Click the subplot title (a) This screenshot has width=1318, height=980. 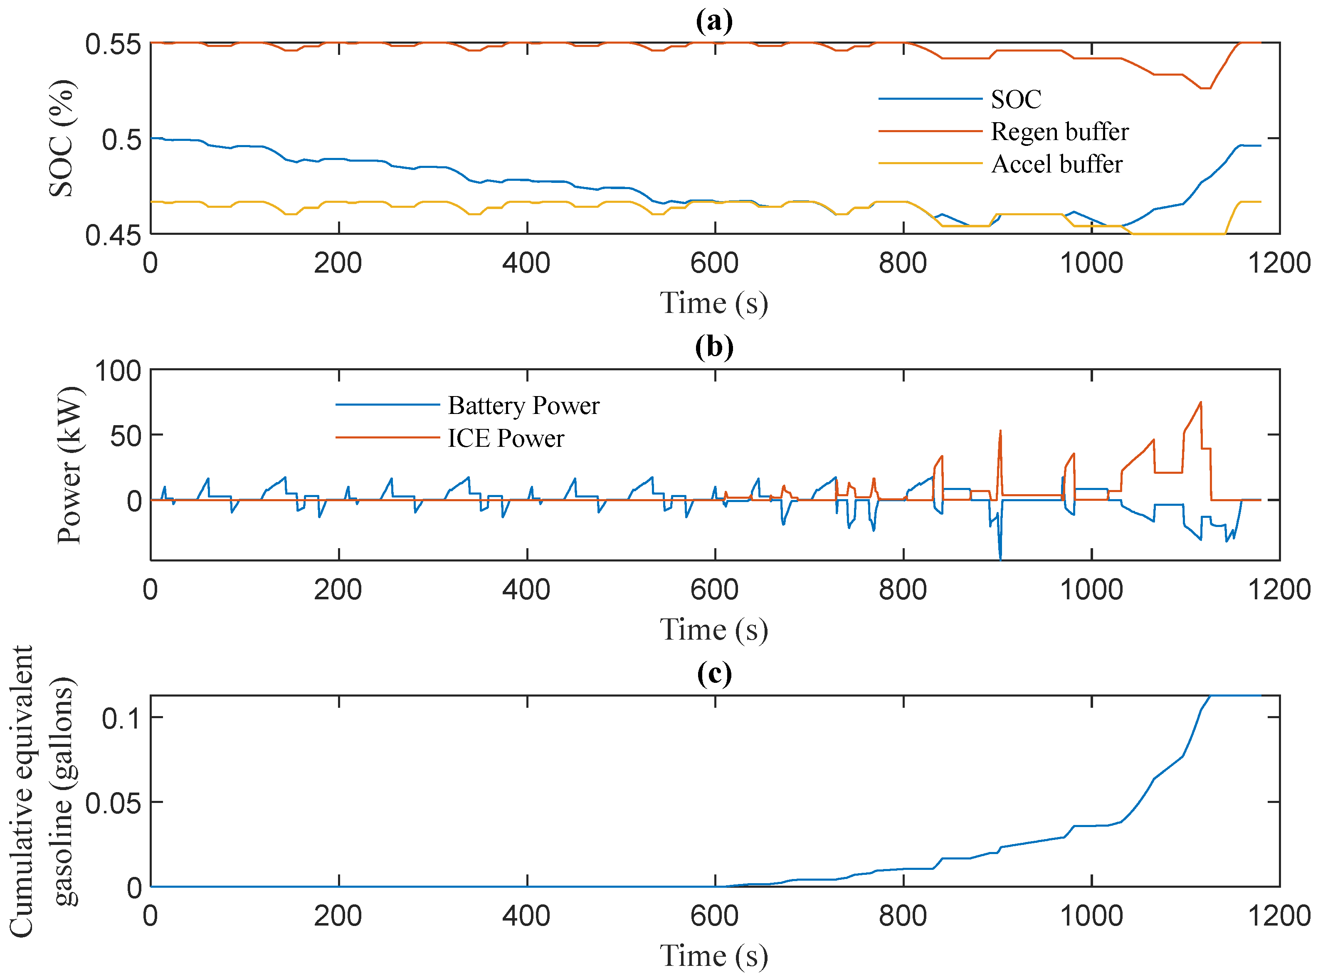coord(714,21)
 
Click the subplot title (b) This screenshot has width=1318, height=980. coord(714,347)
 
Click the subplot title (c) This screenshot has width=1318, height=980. coord(714,673)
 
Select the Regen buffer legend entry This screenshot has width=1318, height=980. coord(1059,131)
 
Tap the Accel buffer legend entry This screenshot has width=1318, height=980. coord(1056,164)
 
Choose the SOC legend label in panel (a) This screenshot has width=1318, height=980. coord(1016,99)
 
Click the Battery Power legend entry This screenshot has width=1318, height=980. coord(523,406)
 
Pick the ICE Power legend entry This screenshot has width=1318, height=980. coord(506,438)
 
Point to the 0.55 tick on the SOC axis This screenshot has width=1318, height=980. coord(113,44)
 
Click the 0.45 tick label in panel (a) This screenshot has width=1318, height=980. coord(113,236)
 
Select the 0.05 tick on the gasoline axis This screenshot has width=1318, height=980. coord(113,803)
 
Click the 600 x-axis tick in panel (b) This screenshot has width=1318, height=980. coord(714,590)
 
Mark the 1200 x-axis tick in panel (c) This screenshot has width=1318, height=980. coord(1279,916)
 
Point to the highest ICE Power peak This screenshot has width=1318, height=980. coord(1200,403)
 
